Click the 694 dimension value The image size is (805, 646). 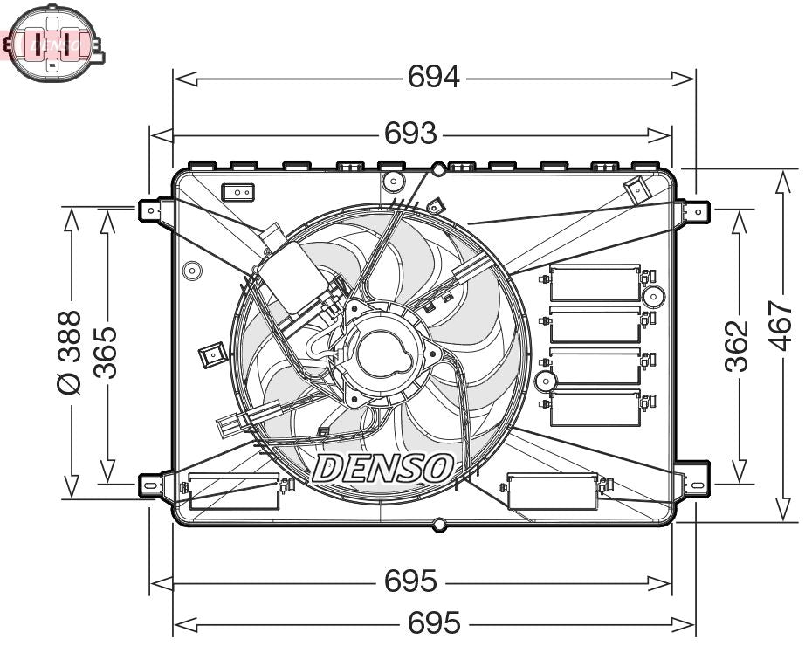[x=434, y=78]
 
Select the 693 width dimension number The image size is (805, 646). [x=410, y=133]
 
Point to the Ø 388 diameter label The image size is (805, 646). [x=69, y=352]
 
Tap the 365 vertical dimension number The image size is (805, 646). [x=106, y=352]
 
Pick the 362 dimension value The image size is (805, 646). [x=738, y=346]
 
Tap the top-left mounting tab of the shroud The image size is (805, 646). [x=152, y=209]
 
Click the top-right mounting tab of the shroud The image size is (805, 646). [x=697, y=210]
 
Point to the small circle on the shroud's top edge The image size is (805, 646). [x=438, y=169]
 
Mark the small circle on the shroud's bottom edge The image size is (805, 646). [x=438, y=525]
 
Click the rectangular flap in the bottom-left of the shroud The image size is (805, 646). [x=234, y=491]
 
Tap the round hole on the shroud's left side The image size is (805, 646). [x=190, y=271]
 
